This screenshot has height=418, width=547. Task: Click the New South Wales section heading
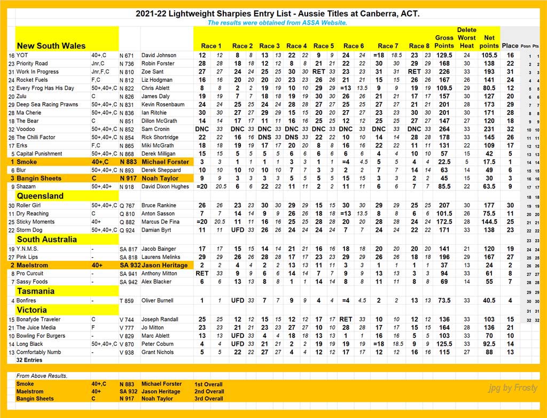coord(51,45)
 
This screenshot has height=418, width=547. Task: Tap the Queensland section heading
coord(40,196)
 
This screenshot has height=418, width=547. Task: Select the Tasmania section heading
coord(36,291)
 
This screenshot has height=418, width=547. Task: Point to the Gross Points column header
coord(444,42)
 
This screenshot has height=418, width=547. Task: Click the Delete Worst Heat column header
coord(466,38)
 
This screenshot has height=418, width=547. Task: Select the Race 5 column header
coord(324,46)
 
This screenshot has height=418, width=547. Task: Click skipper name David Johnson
coord(159,55)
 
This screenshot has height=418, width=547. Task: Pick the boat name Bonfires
coord(27,300)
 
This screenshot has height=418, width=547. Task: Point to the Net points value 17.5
coord(489,161)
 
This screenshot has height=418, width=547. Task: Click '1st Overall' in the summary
coord(209,384)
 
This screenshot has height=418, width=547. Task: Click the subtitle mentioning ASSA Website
coord(277,23)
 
